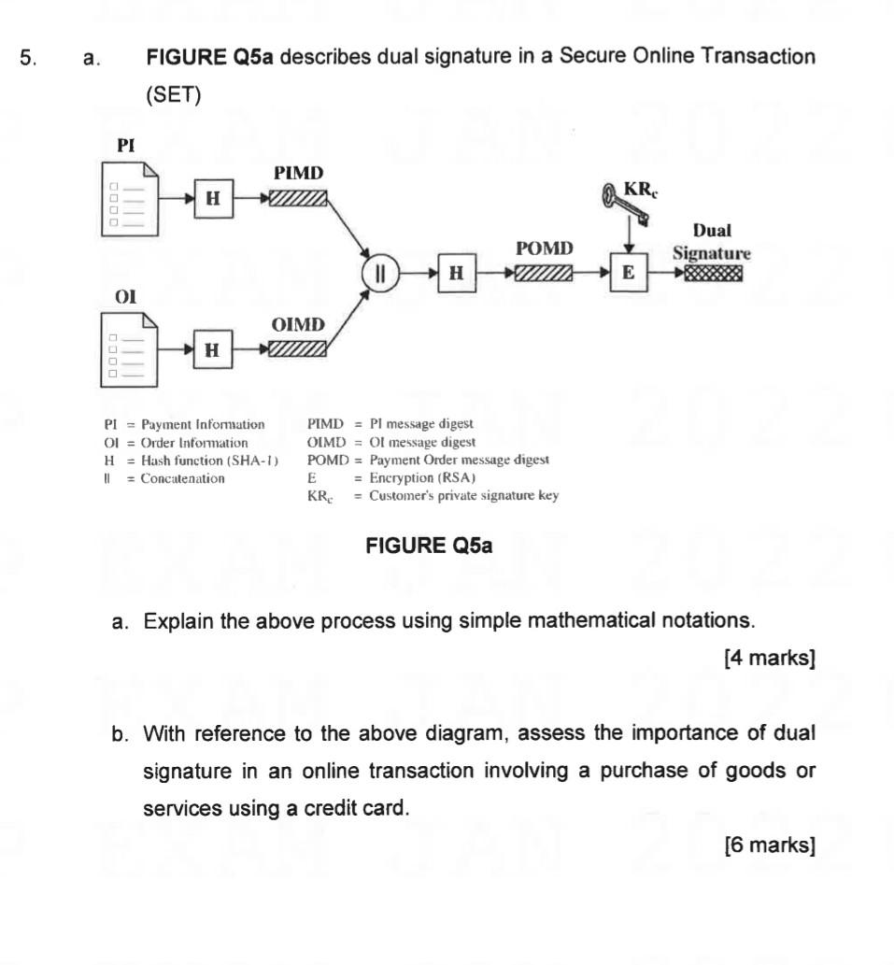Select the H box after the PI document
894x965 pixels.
click(212, 198)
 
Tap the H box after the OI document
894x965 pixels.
click(212, 349)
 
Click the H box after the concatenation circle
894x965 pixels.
click(456, 273)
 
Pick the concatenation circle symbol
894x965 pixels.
click(380, 273)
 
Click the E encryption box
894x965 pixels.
click(628, 273)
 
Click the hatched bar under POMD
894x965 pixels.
click(543, 273)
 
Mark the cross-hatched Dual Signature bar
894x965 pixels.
click(714, 273)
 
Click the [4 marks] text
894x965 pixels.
click(770, 658)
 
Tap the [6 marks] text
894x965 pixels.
click(770, 845)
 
